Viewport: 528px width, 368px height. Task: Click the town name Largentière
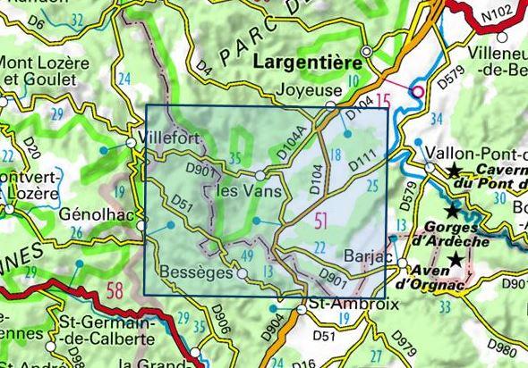[x=306, y=65]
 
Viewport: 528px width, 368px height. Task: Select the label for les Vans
[x=250, y=192]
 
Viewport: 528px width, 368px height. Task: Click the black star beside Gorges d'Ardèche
[x=453, y=212]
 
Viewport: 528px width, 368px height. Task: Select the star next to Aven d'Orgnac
[x=457, y=259]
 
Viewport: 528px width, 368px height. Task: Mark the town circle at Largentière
[x=366, y=51]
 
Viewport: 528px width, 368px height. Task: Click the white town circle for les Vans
[x=260, y=175]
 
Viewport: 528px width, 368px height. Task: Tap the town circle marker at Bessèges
[x=243, y=274]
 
